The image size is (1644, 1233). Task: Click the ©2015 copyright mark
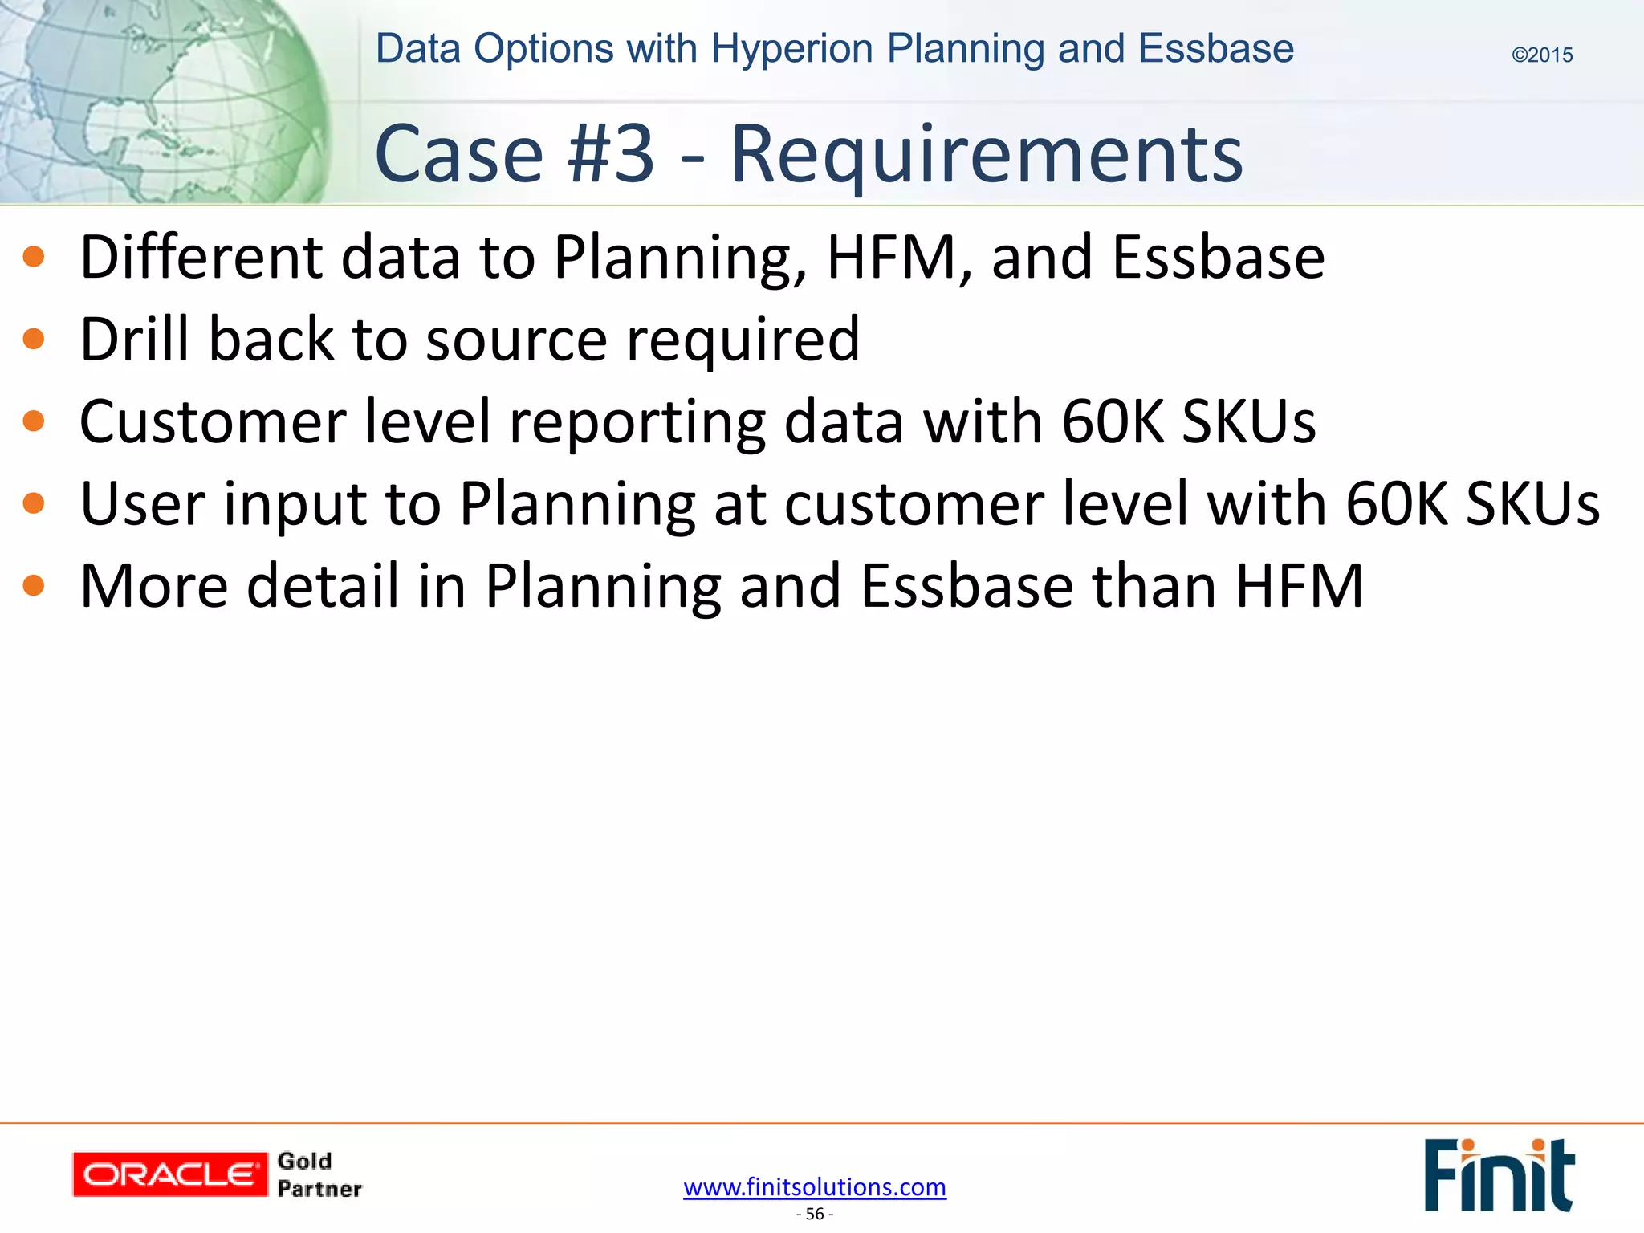pos(1541,55)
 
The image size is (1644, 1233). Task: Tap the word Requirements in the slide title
pos(987,154)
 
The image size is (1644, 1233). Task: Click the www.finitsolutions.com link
pos(815,1186)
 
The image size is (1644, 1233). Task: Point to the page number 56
pos(815,1214)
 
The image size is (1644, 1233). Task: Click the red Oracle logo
pos(169,1174)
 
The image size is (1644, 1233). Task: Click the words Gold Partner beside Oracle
pos(319,1174)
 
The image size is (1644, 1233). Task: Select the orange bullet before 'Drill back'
pos(34,339)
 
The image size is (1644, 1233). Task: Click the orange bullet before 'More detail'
pos(34,585)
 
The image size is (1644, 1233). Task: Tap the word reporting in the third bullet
pos(637,422)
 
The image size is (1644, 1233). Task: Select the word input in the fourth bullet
pos(292,504)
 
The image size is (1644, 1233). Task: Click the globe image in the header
pos(161,100)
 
